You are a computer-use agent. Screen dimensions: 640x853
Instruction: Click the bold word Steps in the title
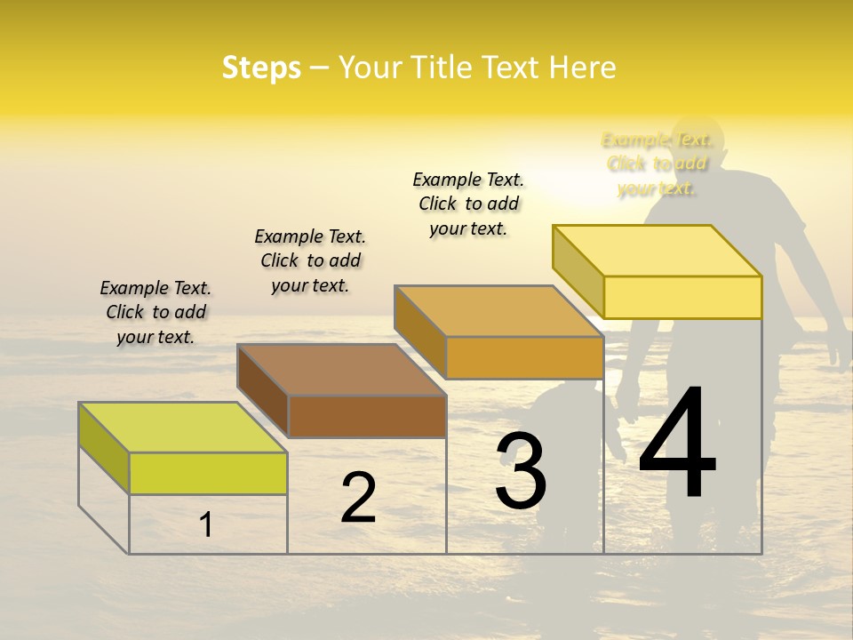tap(261, 68)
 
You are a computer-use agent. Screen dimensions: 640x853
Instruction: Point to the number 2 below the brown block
tap(358, 498)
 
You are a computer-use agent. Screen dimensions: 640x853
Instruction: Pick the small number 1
tap(205, 524)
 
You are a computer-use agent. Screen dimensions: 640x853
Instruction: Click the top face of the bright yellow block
tap(658, 251)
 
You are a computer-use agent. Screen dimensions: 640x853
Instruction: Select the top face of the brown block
tap(342, 370)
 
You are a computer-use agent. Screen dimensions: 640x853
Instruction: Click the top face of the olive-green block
tap(183, 428)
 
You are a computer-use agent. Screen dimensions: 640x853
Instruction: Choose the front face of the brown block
tap(367, 416)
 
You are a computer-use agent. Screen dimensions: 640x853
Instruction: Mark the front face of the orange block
tap(524, 357)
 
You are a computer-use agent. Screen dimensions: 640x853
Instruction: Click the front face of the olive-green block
tap(208, 473)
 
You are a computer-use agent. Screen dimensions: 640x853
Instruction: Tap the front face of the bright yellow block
tap(682, 297)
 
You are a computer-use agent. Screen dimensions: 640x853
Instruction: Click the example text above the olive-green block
tap(155, 312)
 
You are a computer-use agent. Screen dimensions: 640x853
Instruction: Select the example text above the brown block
tap(310, 260)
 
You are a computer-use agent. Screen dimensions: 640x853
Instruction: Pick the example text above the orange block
tap(468, 204)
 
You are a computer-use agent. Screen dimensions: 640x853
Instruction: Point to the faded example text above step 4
tap(657, 164)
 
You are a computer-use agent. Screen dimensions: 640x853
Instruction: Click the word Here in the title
tap(583, 68)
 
